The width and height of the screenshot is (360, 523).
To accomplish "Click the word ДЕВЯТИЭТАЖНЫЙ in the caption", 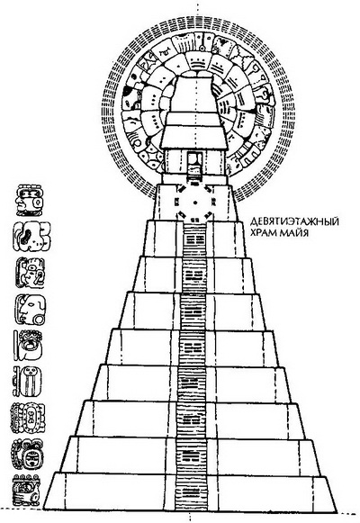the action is (294, 221).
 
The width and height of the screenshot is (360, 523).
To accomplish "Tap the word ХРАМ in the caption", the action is (263, 232).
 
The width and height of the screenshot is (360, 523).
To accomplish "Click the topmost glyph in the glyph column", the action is (31, 200).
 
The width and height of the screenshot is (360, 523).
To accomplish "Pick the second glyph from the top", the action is (31, 237).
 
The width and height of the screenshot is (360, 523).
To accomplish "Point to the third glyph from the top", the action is (31, 273).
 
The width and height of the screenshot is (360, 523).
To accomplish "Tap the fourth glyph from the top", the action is (31, 309).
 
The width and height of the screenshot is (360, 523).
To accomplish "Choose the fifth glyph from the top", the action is (28, 346).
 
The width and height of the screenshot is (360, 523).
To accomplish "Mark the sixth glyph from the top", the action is (27, 382).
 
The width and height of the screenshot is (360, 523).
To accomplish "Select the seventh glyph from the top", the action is (28, 418).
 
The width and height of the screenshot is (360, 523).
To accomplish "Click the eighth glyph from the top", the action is (28, 455).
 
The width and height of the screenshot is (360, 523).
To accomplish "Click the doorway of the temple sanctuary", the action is (194, 163).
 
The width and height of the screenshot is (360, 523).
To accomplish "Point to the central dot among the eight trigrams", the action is (195, 203).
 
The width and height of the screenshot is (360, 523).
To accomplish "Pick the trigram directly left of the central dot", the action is (177, 202).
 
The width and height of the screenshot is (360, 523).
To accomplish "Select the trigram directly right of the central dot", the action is (212, 202).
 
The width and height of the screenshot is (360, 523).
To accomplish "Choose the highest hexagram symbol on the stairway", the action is (194, 239).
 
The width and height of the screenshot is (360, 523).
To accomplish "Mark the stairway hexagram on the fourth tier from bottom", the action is (192, 383).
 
